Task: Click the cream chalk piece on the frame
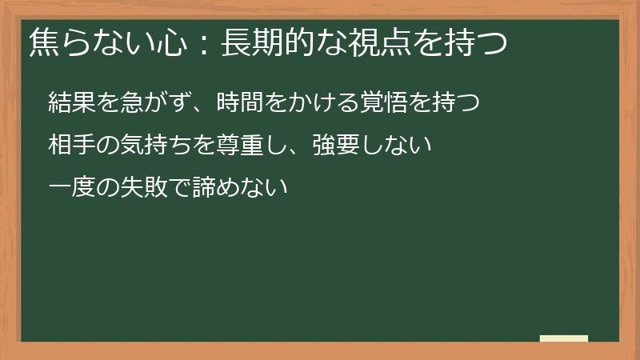(564, 339)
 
